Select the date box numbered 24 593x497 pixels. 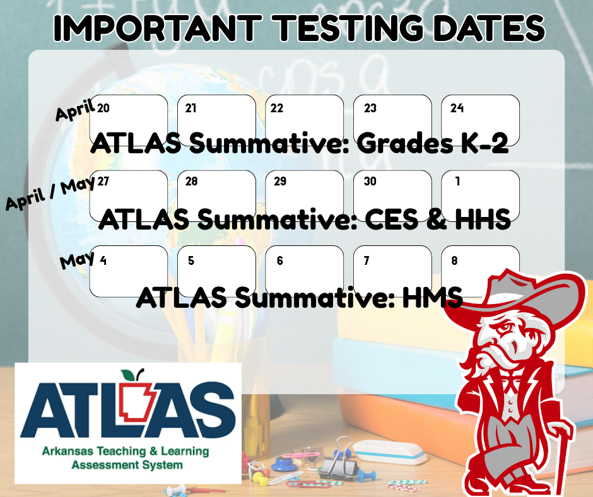tap(480, 117)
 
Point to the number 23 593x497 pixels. tap(370, 108)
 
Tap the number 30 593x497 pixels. tap(370, 182)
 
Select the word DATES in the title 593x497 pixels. tap(486, 28)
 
